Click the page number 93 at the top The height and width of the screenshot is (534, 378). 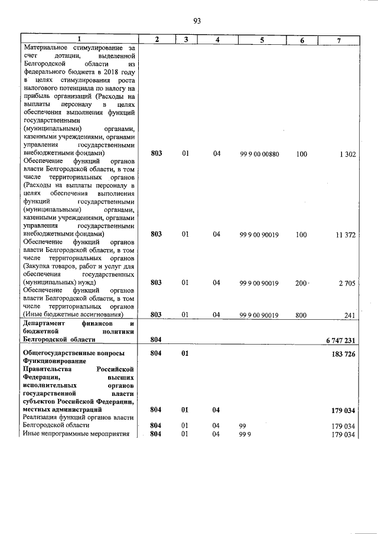pyautogui.click(x=197, y=21)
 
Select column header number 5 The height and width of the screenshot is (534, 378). pyautogui.click(x=262, y=40)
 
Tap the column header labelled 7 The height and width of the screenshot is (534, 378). pyautogui.click(x=338, y=40)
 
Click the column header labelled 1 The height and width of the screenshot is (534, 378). pyautogui.click(x=79, y=40)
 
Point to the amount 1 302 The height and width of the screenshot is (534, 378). pyautogui.click(x=347, y=154)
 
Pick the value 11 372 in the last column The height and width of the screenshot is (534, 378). pyautogui.click(x=346, y=235)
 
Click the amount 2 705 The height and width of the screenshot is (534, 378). pyautogui.click(x=347, y=283)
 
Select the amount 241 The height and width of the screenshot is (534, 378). pyautogui.click(x=350, y=315)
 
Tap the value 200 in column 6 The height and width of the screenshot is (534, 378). pyautogui.click(x=301, y=283)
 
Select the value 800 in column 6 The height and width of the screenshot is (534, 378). pyautogui.click(x=301, y=315)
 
